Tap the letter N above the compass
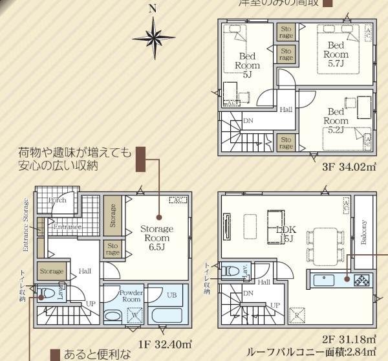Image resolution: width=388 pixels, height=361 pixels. coord(153,8)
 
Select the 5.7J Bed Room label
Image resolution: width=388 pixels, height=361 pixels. coord(336,54)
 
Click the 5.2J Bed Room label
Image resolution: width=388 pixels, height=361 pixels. coord(336,120)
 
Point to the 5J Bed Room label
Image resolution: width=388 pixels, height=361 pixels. coord(247,65)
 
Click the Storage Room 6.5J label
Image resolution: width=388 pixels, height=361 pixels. coord(156,238)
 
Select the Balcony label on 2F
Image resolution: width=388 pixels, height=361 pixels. coord(365,233)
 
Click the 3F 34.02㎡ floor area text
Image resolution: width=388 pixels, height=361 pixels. coord(349,168)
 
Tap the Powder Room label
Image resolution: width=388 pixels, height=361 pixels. coord(131,296)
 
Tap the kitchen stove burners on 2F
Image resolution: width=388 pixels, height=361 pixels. coord(361,280)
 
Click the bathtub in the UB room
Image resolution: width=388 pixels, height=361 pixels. coord(167,315)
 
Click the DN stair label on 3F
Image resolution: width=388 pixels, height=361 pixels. coord(248,120)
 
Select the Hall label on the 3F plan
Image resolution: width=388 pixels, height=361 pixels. coord(286,109)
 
